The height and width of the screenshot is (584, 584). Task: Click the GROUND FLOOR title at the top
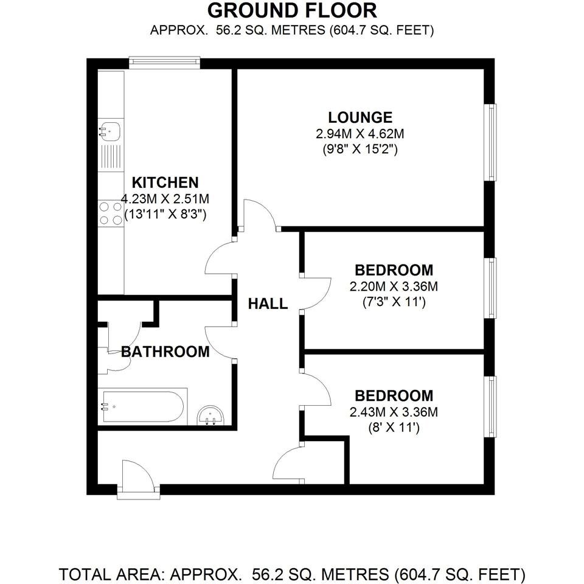click(x=292, y=10)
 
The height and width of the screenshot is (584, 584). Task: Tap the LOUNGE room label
click(x=360, y=117)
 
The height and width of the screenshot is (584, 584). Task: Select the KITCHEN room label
click(x=165, y=182)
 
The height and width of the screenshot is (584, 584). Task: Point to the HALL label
click(x=268, y=304)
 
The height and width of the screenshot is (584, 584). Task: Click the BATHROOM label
click(x=165, y=351)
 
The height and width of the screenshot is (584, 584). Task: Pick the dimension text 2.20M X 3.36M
click(x=394, y=286)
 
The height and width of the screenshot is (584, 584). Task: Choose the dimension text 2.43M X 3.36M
click(x=394, y=412)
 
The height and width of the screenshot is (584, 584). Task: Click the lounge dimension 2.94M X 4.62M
click(x=360, y=134)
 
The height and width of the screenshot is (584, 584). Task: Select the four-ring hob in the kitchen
click(x=109, y=214)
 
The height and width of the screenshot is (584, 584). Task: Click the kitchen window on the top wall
click(x=164, y=63)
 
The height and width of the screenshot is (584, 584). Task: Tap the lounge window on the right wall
click(x=490, y=142)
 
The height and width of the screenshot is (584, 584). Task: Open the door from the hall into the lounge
click(x=259, y=214)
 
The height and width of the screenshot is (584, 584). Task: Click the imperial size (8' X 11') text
click(x=394, y=428)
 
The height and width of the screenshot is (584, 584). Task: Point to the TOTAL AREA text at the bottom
click(x=292, y=574)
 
